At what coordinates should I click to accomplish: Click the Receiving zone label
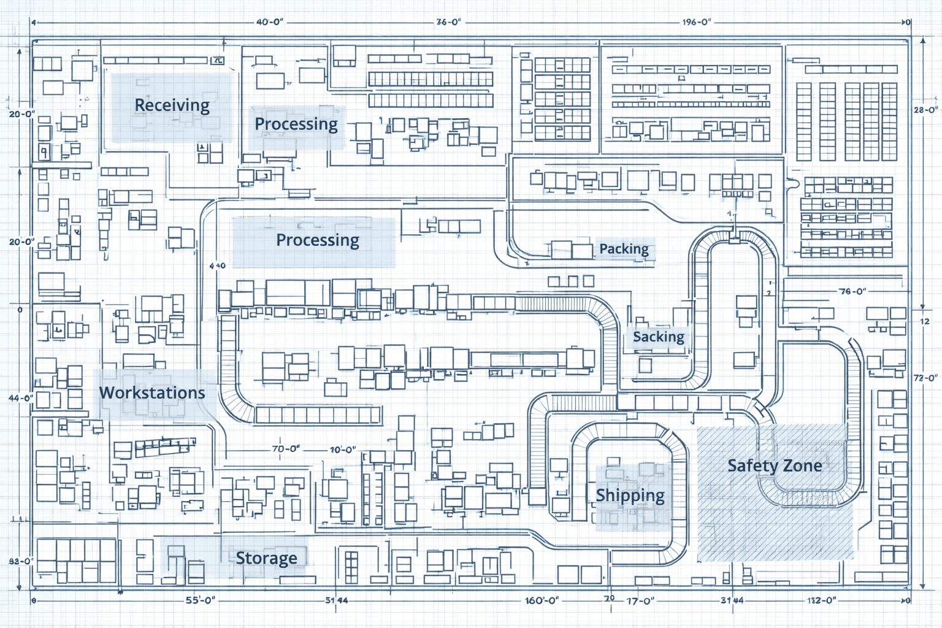click(x=172, y=105)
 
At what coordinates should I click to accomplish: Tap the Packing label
click(x=624, y=249)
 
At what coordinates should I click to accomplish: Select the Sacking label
click(x=658, y=337)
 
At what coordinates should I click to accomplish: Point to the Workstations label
click(x=152, y=393)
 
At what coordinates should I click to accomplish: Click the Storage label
click(x=266, y=558)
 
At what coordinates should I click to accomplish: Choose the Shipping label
click(x=630, y=496)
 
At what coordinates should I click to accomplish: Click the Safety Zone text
click(x=775, y=466)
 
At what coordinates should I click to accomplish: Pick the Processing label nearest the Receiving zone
click(x=296, y=124)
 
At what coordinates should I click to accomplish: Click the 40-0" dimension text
click(x=270, y=22)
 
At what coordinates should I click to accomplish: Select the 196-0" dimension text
click(x=697, y=22)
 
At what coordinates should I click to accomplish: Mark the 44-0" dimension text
click(x=21, y=398)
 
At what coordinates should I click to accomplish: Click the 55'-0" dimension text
click(x=201, y=600)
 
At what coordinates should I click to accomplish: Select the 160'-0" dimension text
click(x=542, y=600)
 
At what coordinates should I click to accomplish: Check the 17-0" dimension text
click(x=640, y=601)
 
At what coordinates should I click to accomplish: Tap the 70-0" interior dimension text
click(x=286, y=449)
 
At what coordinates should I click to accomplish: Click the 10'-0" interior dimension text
click(x=343, y=450)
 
